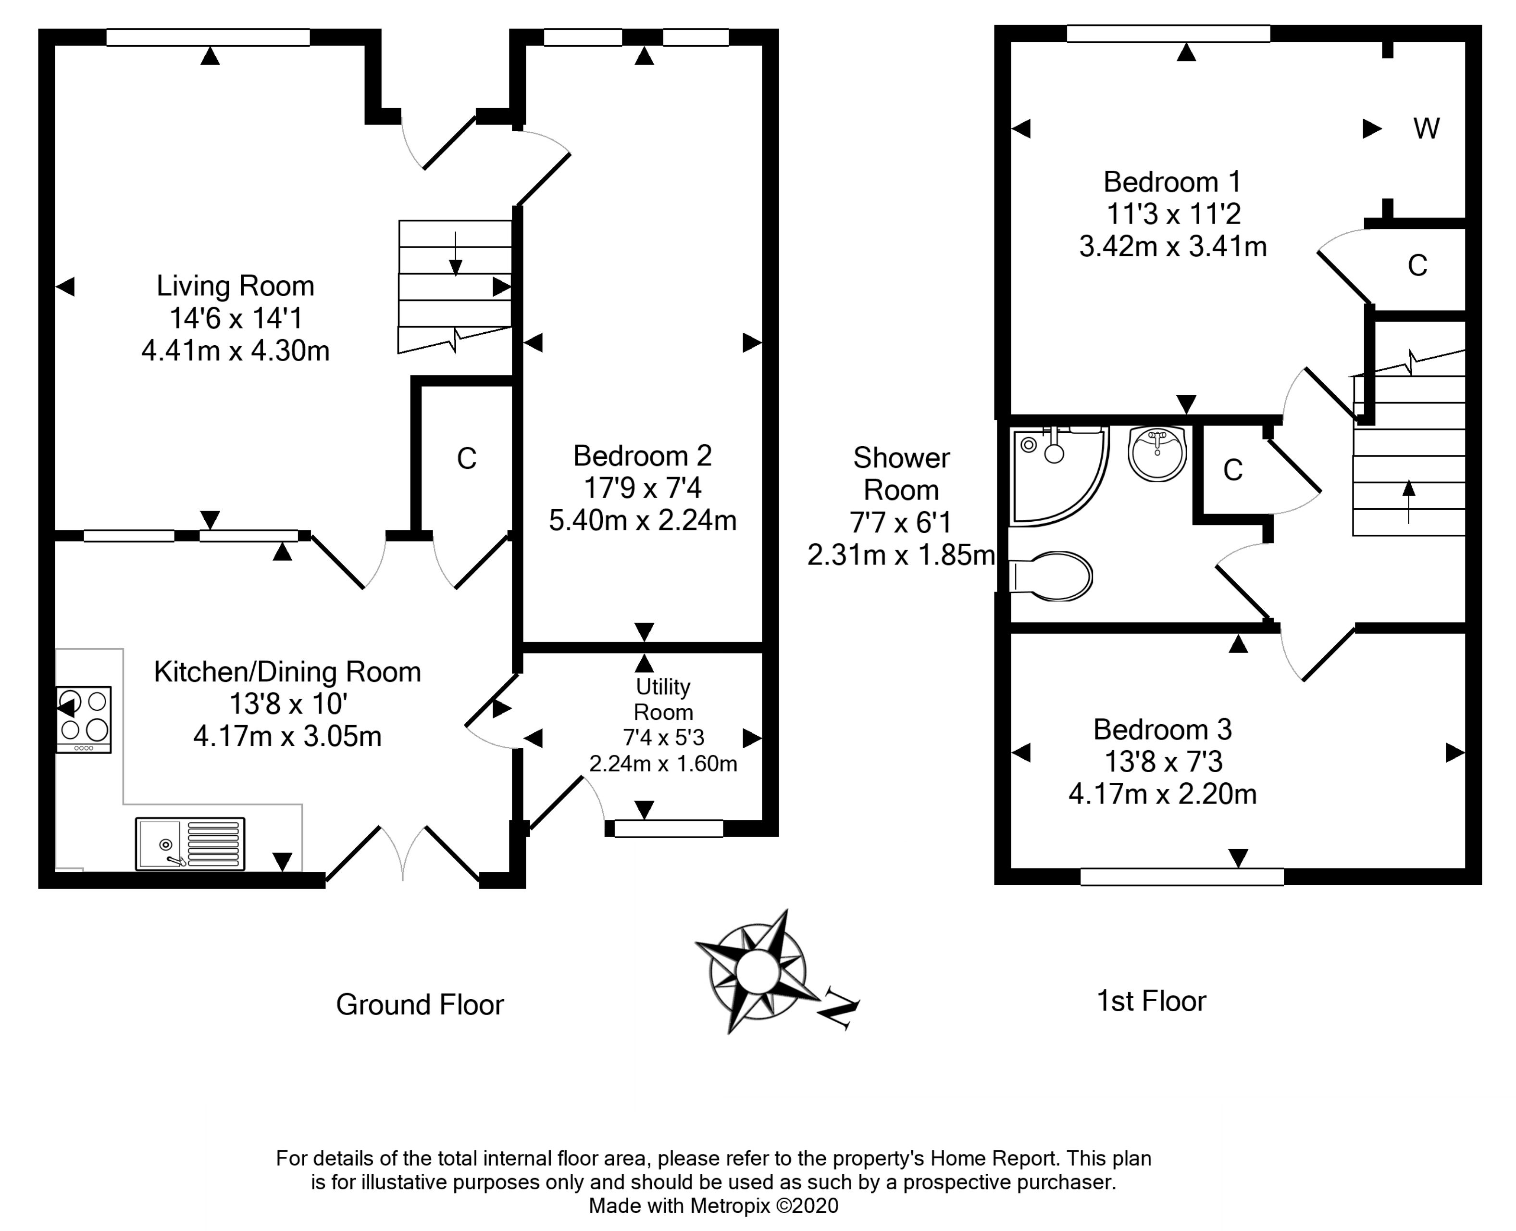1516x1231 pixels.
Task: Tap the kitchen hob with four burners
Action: (x=84, y=718)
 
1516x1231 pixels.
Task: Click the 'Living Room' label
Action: (x=236, y=286)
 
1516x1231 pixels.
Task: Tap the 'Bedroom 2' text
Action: (x=642, y=456)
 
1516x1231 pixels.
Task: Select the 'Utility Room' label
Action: (x=663, y=699)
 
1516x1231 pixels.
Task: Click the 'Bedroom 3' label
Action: (x=1162, y=729)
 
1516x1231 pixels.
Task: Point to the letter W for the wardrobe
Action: (x=1426, y=129)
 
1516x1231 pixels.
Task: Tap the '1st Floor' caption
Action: (x=1151, y=1001)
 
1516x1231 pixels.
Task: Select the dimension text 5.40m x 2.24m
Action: (x=642, y=520)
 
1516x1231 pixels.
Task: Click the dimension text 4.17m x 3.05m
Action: (x=287, y=737)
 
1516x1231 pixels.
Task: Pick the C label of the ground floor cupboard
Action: (x=466, y=459)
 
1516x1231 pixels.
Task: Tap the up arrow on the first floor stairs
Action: (x=1408, y=500)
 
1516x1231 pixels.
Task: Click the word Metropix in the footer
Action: (x=730, y=1206)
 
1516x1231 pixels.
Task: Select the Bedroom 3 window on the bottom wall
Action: (x=1181, y=877)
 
